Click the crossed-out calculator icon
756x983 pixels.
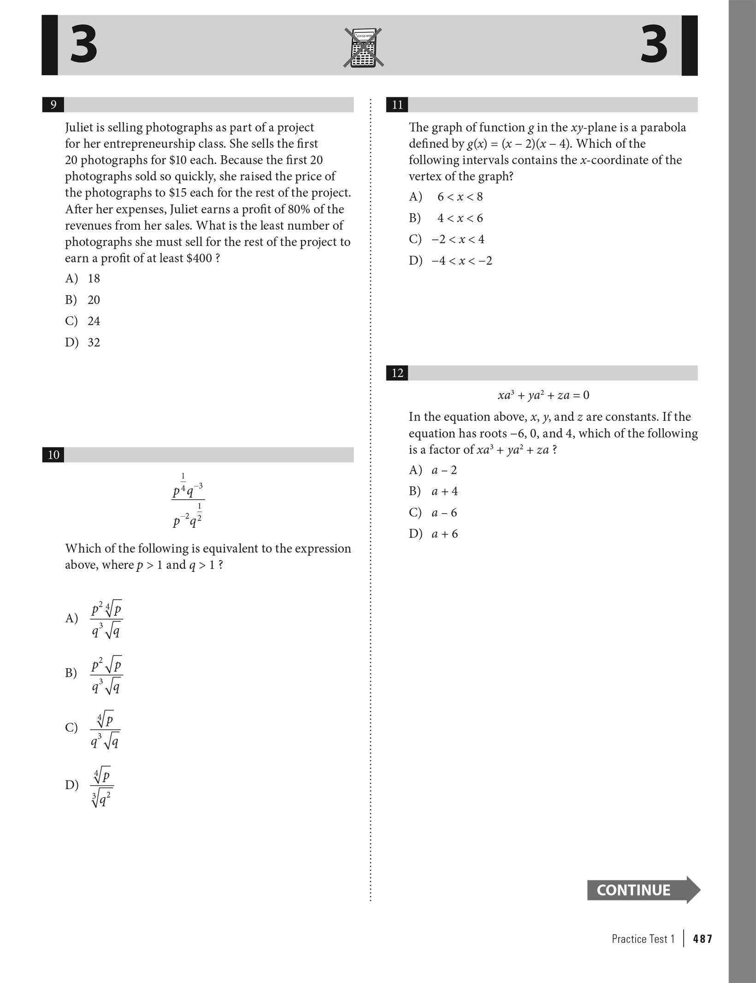(x=363, y=48)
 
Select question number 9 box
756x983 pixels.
(x=53, y=105)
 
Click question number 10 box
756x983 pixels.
(x=53, y=455)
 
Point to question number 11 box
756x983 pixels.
(x=397, y=105)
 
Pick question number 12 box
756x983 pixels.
(x=397, y=373)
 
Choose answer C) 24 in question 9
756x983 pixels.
(x=83, y=321)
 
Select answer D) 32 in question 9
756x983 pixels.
(x=83, y=342)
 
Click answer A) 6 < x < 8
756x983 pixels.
(x=446, y=197)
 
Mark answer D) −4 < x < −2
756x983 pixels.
(x=451, y=261)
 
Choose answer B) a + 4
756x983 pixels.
(x=434, y=491)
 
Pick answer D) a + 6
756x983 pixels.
(x=434, y=534)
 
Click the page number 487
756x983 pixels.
(x=703, y=939)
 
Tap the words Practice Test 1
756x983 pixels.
(x=643, y=939)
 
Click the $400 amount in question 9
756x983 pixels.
(x=199, y=258)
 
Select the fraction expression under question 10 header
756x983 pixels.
(x=188, y=500)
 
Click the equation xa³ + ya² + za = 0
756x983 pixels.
(x=543, y=395)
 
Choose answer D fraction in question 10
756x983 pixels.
(x=102, y=785)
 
